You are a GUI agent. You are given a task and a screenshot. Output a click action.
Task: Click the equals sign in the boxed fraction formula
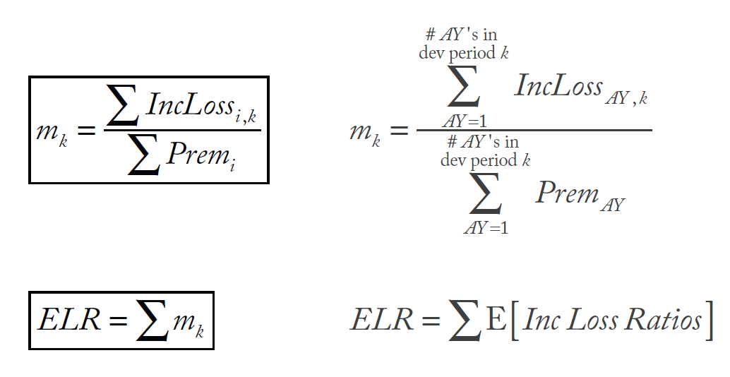[x=87, y=131]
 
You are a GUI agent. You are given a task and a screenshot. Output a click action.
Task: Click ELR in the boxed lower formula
[x=64, y=320]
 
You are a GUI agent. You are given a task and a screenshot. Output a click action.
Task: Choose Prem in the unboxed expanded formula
[x=566, y=193]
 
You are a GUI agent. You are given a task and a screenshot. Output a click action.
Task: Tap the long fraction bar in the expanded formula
[x=533, y=130]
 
